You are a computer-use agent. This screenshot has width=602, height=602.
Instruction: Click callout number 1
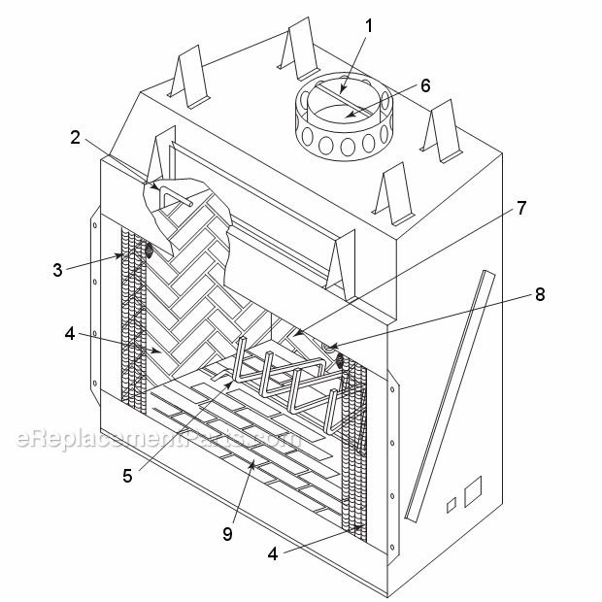coord(369,26)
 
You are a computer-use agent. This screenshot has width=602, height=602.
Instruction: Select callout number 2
coord(76,138)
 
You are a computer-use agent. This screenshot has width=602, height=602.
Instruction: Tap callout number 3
coord(57,270)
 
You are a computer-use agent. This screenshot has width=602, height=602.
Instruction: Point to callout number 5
coord(128,476)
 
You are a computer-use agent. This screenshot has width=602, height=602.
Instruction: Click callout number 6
coord(425,85)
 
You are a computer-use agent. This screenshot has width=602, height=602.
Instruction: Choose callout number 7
coord(521,208)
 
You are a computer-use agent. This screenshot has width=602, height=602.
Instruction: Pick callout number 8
coord(540,294)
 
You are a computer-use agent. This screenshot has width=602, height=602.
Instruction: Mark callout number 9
coord(227,534)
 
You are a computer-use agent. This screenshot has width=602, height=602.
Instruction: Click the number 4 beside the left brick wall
coord(70,334)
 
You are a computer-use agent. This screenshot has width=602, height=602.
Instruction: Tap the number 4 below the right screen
coord(273,554)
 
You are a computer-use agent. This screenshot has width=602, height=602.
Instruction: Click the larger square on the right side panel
coord(473,491)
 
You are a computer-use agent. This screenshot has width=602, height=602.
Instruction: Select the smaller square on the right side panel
coord(451,505)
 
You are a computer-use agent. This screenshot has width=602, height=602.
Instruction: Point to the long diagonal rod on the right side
coord(450,396)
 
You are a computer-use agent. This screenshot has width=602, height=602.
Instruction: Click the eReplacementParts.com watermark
coord(158,438)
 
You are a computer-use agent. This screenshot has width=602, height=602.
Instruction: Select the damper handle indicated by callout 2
coord(176,196)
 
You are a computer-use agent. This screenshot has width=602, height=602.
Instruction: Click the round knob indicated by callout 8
coord(329,348)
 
